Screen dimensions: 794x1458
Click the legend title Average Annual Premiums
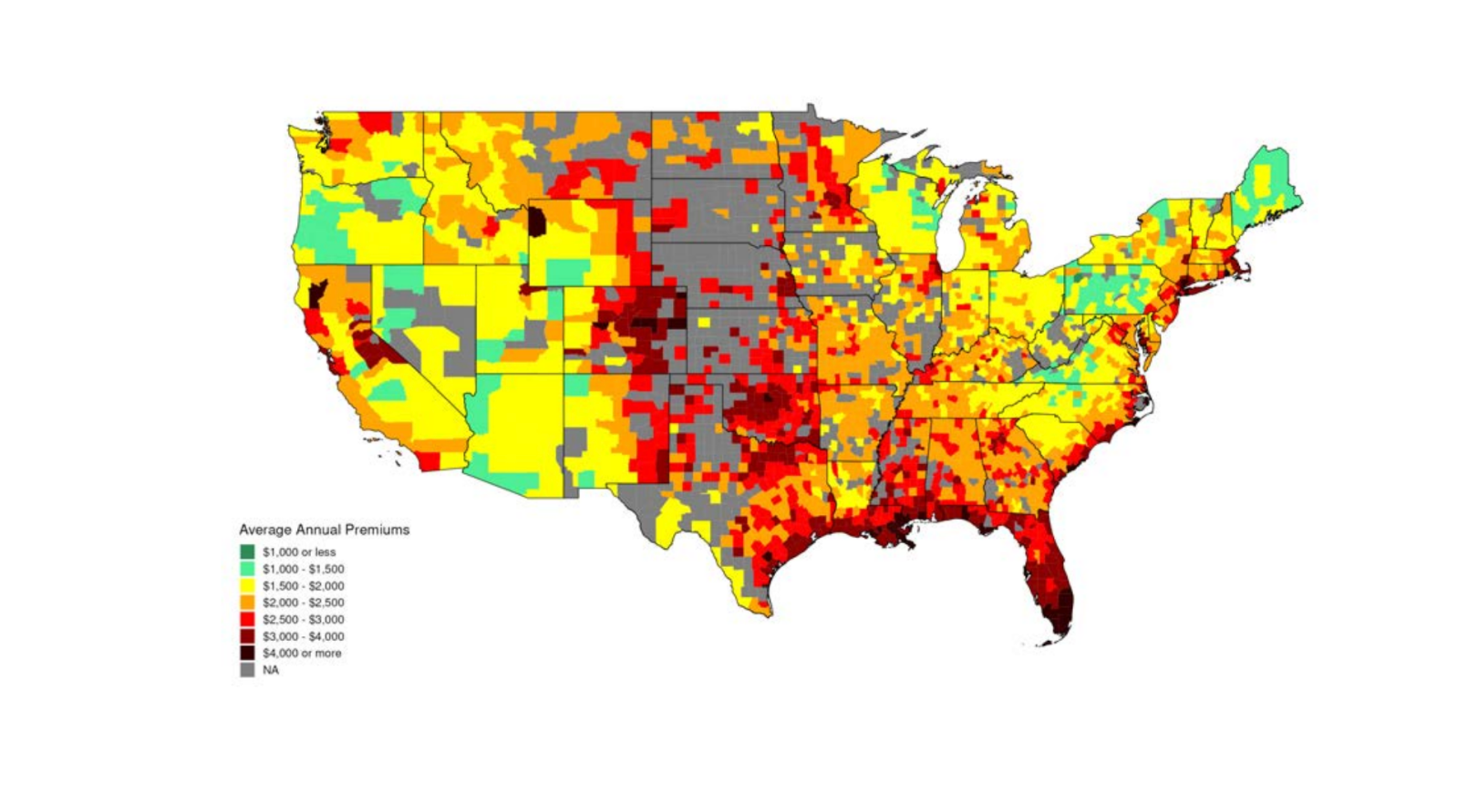coord(324,530)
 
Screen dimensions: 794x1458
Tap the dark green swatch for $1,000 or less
coord(247,552)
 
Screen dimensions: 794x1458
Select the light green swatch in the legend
coord(247,569)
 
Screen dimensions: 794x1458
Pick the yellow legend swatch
coord(247,585)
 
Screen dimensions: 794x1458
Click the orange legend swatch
coord(247,603)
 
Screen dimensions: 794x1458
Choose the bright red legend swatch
coord(247,619)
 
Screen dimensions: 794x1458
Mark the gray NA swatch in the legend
coord(247,670)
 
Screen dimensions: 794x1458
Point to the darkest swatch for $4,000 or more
coord(247,653)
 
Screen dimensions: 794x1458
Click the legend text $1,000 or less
coord(299,552)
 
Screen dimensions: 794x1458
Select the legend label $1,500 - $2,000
coord(304,586)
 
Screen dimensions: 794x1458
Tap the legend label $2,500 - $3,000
coord(304,620)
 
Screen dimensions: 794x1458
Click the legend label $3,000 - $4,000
coord(304,636)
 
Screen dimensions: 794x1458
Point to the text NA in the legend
coord(271,670)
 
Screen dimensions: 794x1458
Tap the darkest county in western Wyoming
coord(538,220)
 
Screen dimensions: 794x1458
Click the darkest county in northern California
coord(317,294)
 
